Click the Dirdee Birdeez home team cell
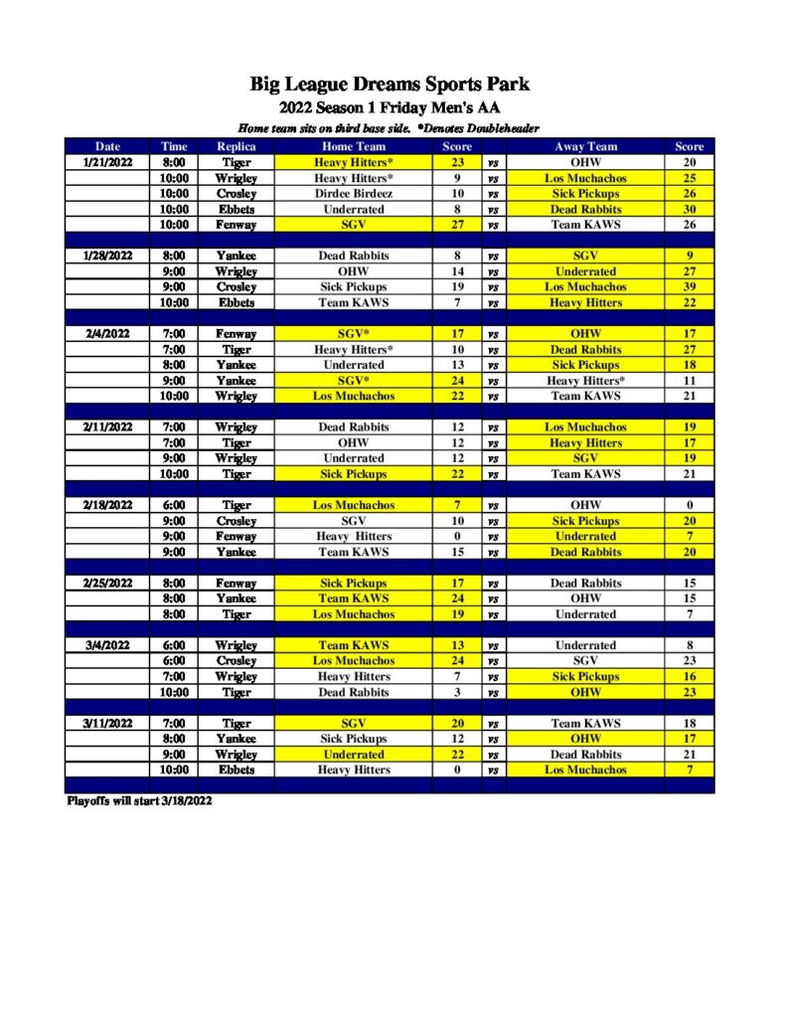[x=353, y=194]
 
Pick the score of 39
[x=689, y=287]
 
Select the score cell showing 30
[x=689, y=210]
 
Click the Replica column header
[x=236, y=146]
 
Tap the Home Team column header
[x=353, y=146]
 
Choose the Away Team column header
[x=585, y=146]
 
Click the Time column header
[x=174, y=146]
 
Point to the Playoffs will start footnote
[x=139, y=800]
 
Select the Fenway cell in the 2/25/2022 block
[x=236, y=584]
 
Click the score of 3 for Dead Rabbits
[x=457, y=692]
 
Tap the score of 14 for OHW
[x=457, y=271]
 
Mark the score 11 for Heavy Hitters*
[x=689, y=381]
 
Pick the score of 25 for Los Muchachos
[x=689, y=178]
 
